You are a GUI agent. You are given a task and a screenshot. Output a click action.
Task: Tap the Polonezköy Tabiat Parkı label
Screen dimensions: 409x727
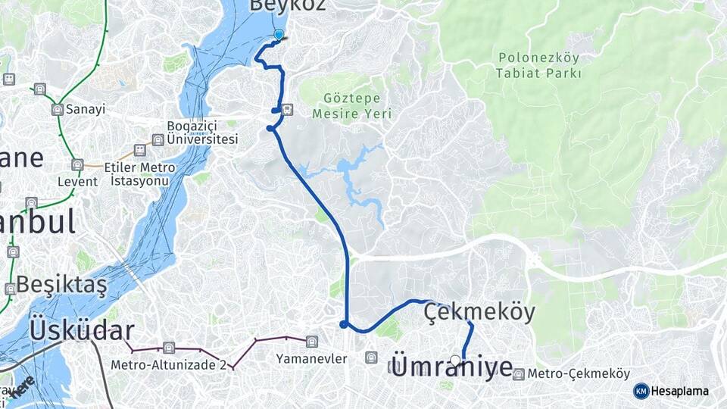click(x=538, y=65)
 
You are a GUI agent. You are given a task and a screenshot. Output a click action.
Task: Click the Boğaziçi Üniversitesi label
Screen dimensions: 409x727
click(x=202, y=133)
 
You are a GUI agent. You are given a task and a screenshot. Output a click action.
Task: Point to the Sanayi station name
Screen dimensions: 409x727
click(x=85, y=109)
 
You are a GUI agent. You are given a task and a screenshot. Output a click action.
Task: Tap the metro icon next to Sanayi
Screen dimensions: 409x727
click(x=57, y=110)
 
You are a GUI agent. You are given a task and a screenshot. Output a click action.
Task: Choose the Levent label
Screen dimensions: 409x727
click(x=77, y=182)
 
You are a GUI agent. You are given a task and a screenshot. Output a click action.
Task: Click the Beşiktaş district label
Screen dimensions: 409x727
click(x=61, y=285)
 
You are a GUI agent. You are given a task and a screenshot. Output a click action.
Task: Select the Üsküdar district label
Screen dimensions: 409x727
click(x=82, y=330)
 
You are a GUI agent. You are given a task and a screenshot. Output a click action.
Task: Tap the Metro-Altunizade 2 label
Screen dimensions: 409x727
click(x=168, y=364)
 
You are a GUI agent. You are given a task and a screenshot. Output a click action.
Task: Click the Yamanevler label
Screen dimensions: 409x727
click(x=311, y=358)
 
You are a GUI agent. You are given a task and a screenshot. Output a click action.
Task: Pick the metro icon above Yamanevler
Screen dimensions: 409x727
click(x=311, y=342)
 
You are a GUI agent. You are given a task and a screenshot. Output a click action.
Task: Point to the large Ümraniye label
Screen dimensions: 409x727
click(x=452, y=369)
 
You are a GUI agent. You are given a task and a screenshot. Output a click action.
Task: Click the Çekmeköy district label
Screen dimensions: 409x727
click(x=479, y=311)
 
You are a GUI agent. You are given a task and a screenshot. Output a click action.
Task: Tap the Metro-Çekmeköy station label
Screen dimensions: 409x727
click(x=579, y=374)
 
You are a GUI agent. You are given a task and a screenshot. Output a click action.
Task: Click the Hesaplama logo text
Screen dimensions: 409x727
click(x=680, y=391)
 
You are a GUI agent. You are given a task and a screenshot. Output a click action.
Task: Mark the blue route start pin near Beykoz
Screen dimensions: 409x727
click(x=279, y=34)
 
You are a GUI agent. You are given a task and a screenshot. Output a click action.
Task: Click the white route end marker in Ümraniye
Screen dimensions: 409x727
click(x=455, y=361)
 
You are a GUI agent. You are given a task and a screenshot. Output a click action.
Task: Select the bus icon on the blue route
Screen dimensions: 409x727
click(x=287, y=110)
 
